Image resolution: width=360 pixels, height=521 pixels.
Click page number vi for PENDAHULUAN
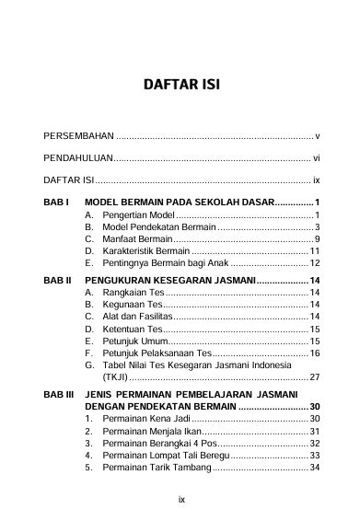point(316,157)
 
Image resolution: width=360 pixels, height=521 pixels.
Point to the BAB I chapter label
point(56,202)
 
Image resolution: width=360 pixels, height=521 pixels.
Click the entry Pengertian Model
point(136,214)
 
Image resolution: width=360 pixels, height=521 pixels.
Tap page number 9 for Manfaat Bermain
point(317,239)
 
